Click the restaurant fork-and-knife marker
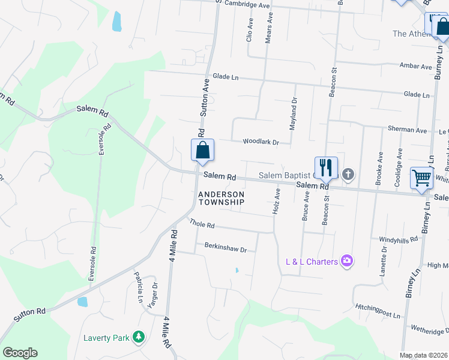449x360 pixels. [x=326, y=167]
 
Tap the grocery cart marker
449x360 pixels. [x=421, y=178]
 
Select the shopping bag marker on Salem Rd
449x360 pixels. [x=202, y=150]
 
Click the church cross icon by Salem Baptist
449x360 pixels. [x=348, y=175]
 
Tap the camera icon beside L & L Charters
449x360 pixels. [x=346, y=260]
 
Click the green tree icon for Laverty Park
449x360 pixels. [x=139, y=337]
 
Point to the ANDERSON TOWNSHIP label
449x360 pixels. [x=221, y=198]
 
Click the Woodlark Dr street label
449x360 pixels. [x=261, y=142]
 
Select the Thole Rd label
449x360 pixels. [x=202, y=224]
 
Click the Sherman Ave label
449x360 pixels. [x=407, y=130]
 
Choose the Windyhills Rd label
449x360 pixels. [x=398, y=239]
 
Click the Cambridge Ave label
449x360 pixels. [x=246, y=5]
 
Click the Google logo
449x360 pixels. [x=20, y=353]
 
